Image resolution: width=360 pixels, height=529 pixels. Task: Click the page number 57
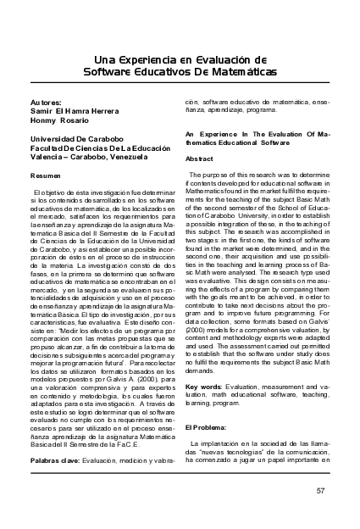[x=319, y=490]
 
